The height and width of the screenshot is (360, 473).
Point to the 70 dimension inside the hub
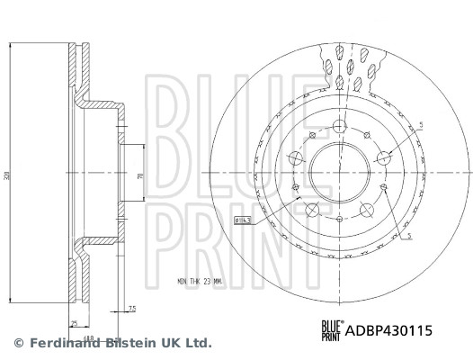pyautogui.click(x=139, y=177)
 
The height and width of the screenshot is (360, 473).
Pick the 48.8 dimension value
pyautogui.click(x=90, y=331)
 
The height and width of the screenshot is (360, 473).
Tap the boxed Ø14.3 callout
pyautogui.click(x=242, y=219)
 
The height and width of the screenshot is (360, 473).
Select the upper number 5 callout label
pyautogui.click(x=420, y=124)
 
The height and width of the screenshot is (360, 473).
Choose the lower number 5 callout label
pyautogui.click(x=409, y=235)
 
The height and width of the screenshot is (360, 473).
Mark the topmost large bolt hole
pyautogui.click(x=340, y=125)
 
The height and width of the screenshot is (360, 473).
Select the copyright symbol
pyautogui.click(x=17, y=343)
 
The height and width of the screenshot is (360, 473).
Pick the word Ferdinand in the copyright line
pyautogui.click(x=58, y=343)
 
